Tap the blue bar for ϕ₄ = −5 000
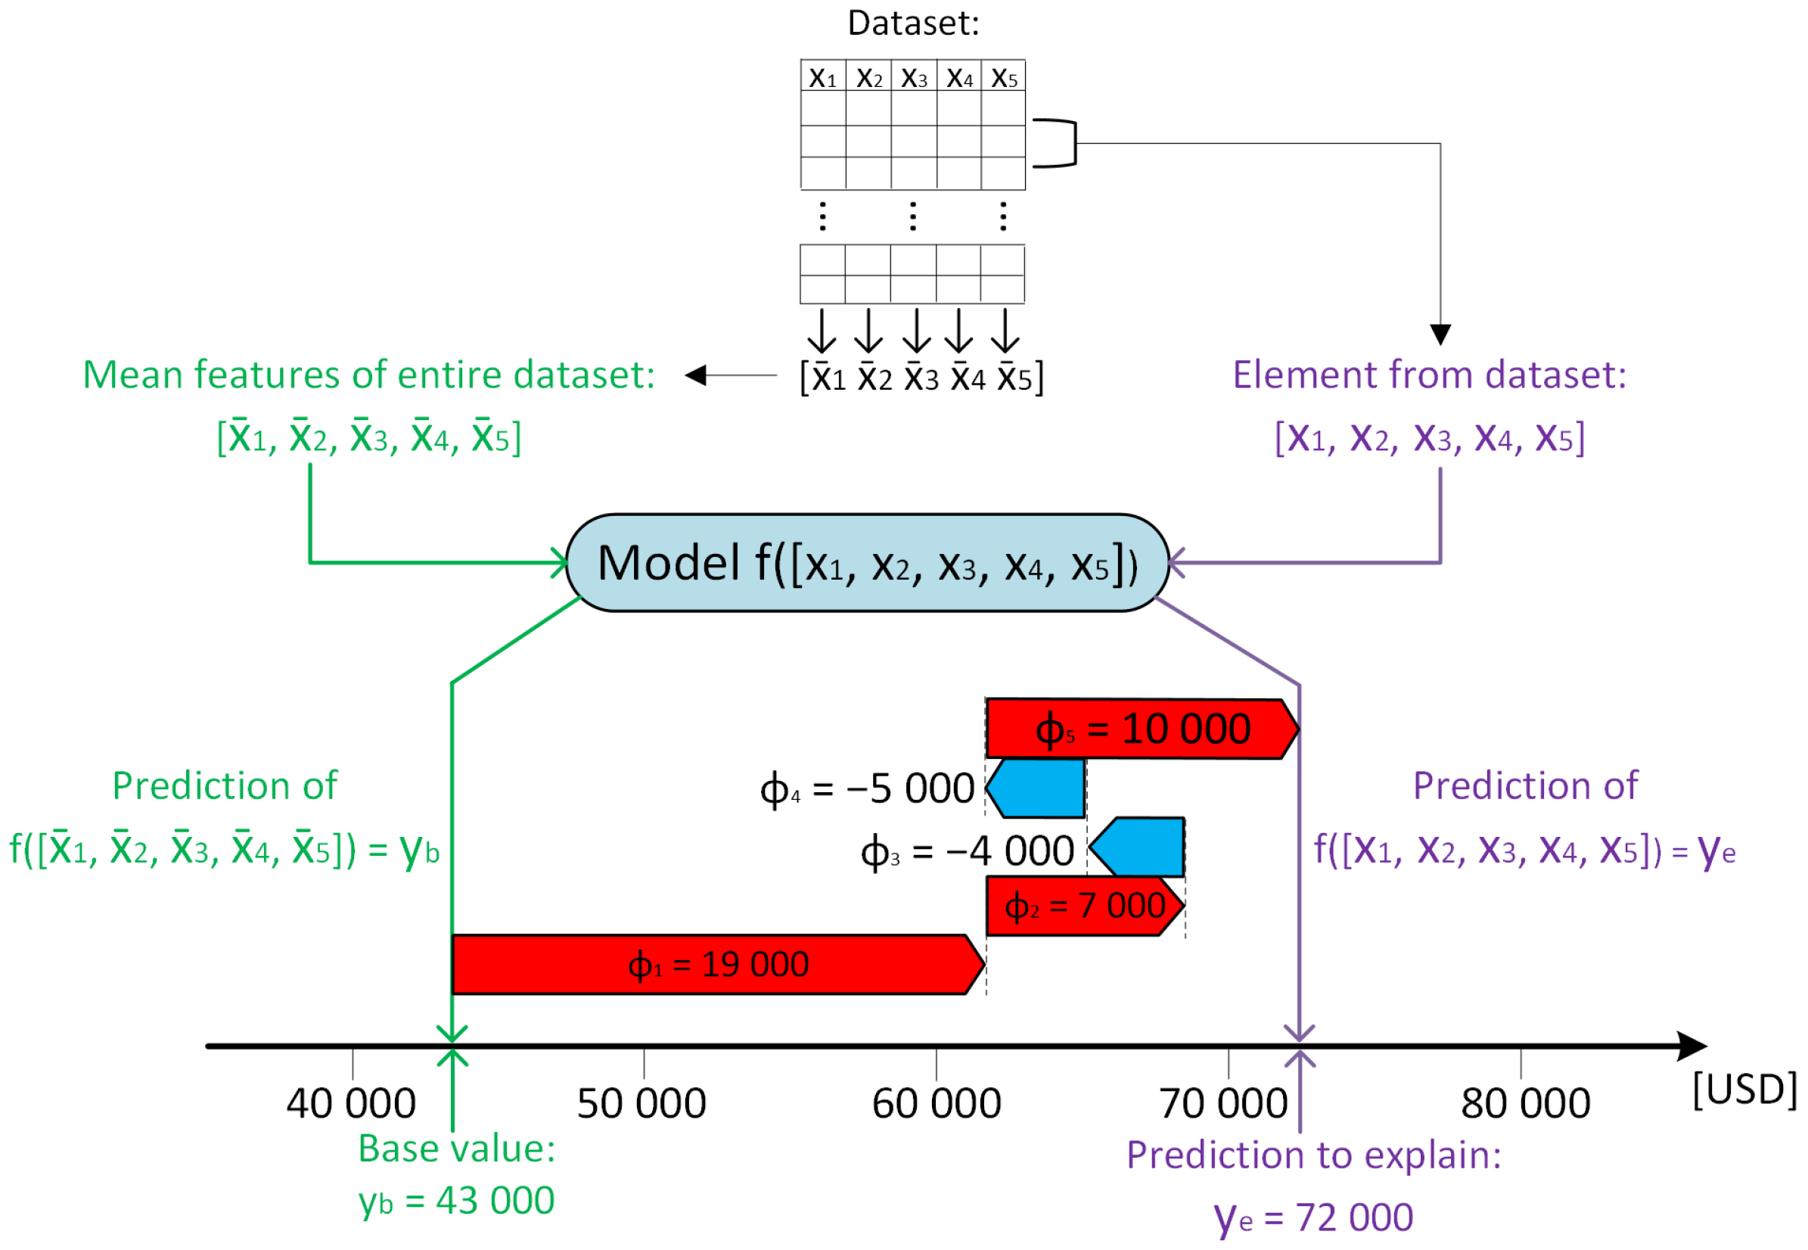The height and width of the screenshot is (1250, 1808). [x=1037, y=788]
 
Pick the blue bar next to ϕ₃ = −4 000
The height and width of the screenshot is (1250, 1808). [x=1139, y=847]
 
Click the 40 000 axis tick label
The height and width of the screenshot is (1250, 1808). [x=351, y=1104]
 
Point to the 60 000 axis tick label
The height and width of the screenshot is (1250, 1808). [x=937, y=1104]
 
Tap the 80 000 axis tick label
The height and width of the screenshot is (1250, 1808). [x=1525, y=1104]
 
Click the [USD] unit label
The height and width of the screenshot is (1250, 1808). [x=1744, y=1090]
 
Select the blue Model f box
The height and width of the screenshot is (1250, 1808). [x=867, y=563]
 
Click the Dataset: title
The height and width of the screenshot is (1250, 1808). [x=913, y=23]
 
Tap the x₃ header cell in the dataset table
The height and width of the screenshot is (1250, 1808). [x=914, y=76]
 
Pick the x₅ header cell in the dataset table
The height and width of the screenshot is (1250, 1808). [x=1004, y=76]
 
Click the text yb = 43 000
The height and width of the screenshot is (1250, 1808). [x=456, y=1201]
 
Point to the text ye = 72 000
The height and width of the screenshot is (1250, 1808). [x=1313, y=1218]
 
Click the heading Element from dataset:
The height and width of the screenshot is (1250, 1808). [x=1429, y=375]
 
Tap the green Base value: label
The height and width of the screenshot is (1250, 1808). [x=456, y=1149]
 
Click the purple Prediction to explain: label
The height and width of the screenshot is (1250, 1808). [x=1313, y=1155]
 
